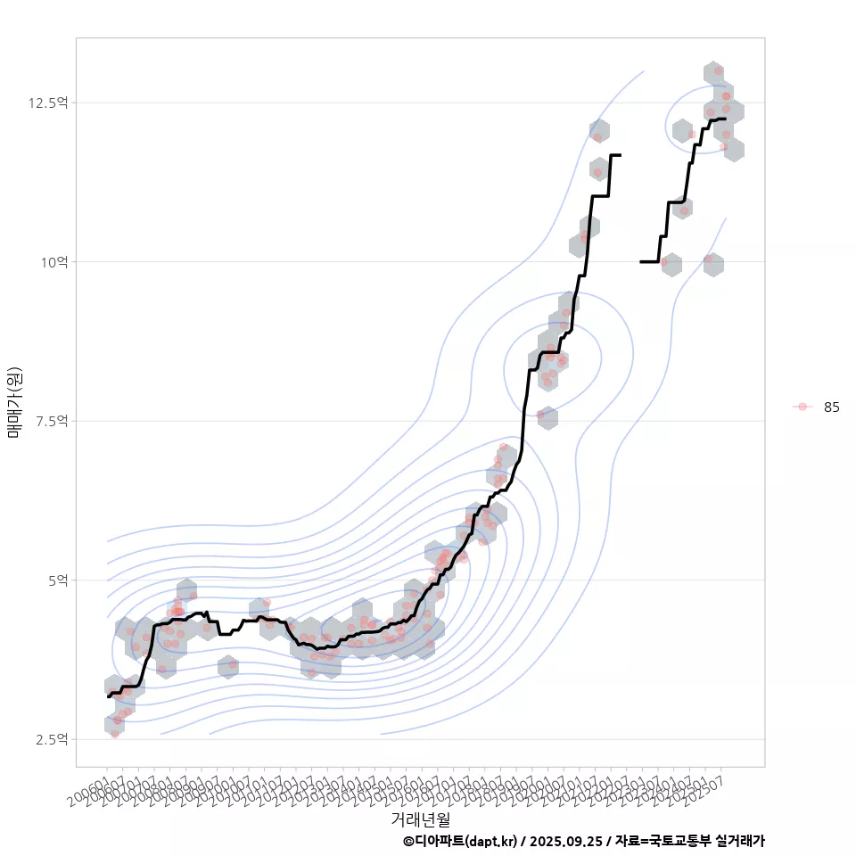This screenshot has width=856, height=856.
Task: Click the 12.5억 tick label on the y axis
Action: [48, 103]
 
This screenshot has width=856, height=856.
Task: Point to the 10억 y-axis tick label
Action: [53, 262]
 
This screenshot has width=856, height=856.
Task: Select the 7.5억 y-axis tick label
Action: [51, 421]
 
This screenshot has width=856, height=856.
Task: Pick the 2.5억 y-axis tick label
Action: [51, 739]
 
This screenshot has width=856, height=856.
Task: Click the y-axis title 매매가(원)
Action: [14, 401]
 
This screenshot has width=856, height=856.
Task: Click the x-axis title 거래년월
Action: [420, 818]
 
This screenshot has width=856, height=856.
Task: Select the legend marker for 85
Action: [802, 407]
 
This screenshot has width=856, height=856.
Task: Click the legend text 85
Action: [831, 407]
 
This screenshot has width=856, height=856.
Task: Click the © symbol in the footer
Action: [408, 841]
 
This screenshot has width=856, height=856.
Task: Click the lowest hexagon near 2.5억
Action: [114, 724]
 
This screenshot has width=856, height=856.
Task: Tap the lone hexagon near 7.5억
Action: [547, 417]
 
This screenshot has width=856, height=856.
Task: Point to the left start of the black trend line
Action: [107, 696]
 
